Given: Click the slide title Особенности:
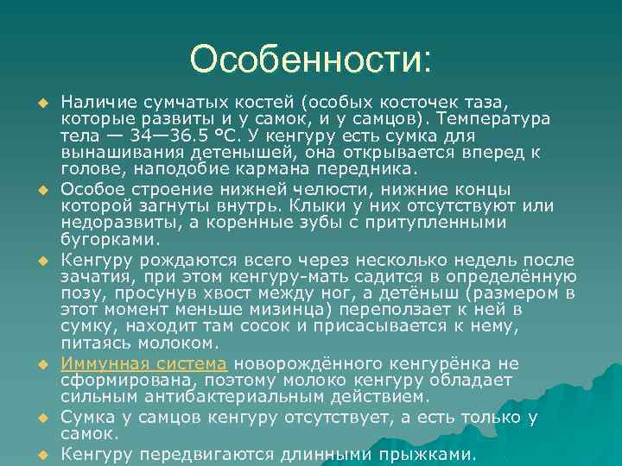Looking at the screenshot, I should tap(310, 60).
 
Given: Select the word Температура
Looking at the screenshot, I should tap(503, 117).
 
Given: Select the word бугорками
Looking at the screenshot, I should tap(110, 239).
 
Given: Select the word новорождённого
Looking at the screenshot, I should tap(295, 364).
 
